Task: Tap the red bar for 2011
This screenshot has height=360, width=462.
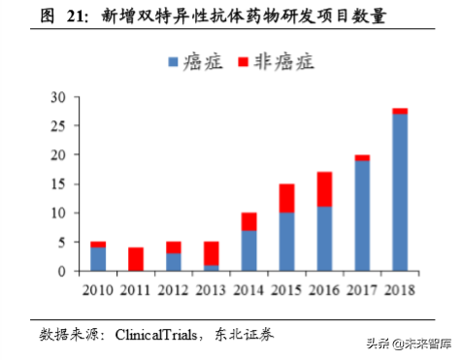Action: [136, 259]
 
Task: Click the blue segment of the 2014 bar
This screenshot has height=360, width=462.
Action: [249, 250]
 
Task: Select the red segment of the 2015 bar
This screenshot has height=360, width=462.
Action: [287, 198]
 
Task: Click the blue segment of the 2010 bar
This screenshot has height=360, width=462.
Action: [98, 259]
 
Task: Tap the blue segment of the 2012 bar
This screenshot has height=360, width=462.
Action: [174, 262]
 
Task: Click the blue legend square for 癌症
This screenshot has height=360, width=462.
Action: [174, 62]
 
